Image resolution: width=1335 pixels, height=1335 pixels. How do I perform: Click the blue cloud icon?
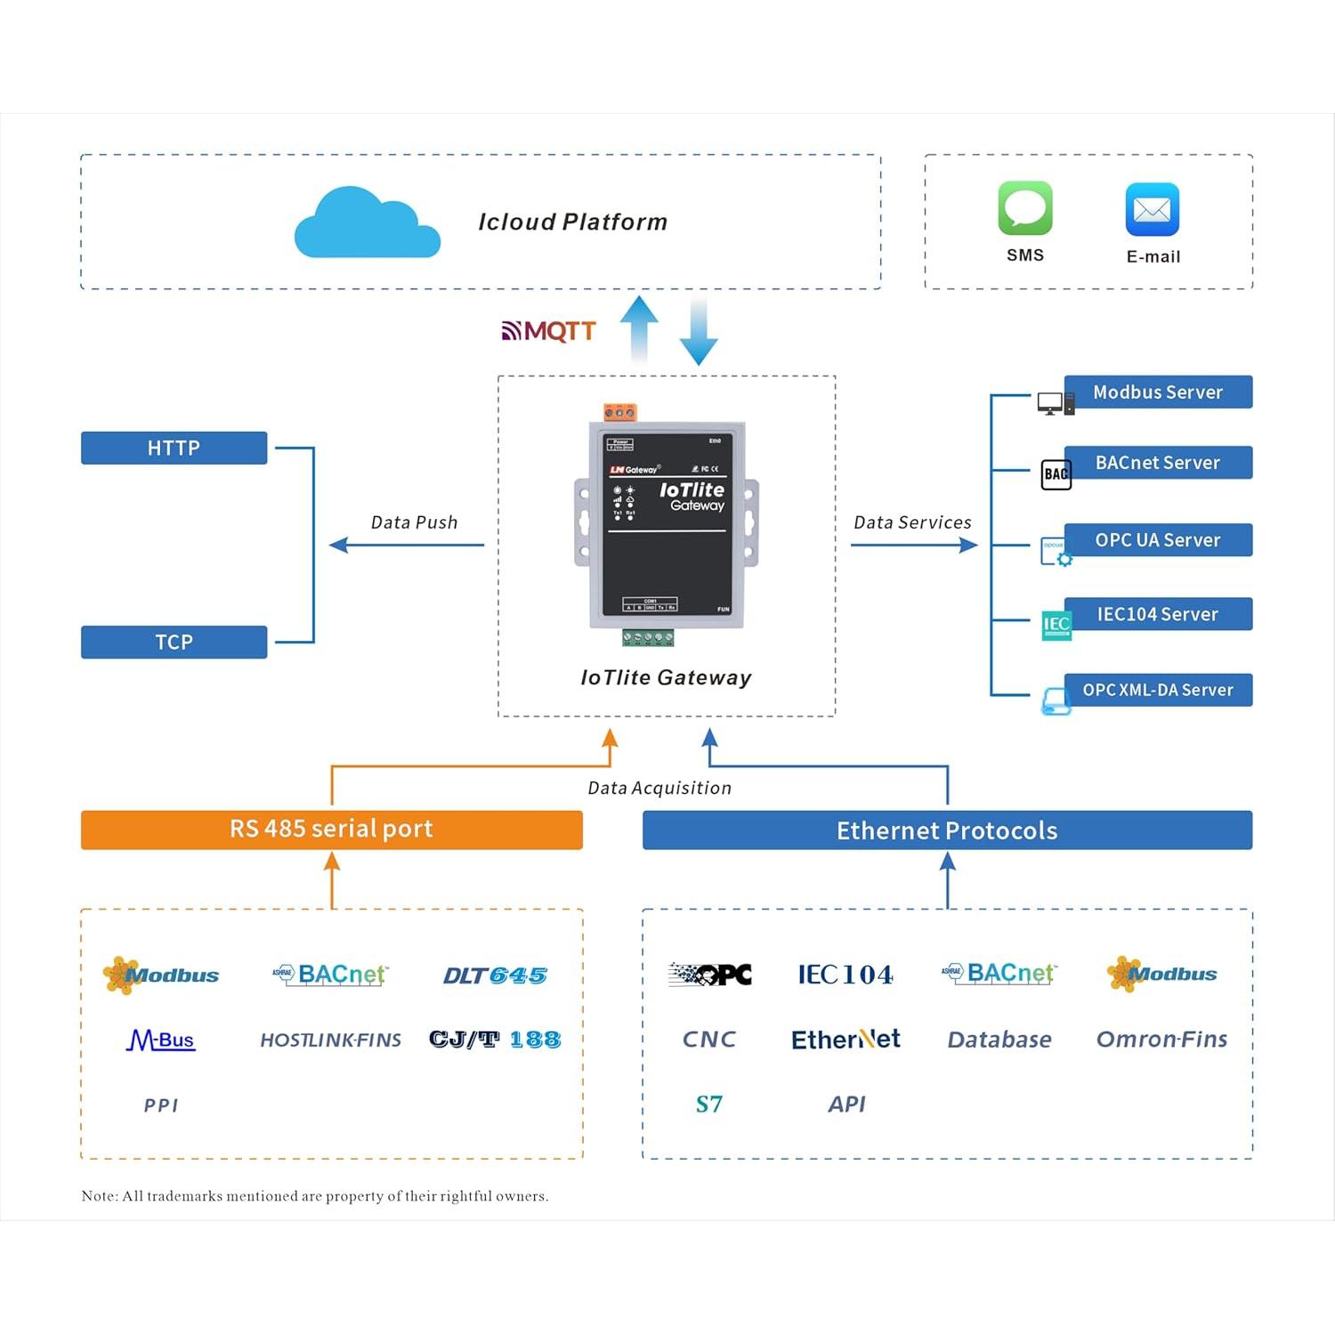(x=367, y=224)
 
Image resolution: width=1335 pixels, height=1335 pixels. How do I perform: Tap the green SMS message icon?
(x=1025, y=208)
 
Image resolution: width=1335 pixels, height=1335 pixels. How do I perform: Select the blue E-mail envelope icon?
(x=1153, y=210)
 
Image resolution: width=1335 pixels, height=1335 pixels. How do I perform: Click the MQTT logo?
(x=548, y=331)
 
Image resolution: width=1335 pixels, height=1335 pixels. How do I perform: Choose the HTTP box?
(x=174, y=448)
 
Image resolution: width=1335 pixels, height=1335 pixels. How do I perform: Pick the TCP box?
(x=174, y=642)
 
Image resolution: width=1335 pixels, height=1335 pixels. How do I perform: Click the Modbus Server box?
(x=1157, y=392)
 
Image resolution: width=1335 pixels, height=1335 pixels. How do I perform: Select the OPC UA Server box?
(x=1157, y=539)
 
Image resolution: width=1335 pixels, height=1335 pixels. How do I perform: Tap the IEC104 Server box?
(x=1157, y=614)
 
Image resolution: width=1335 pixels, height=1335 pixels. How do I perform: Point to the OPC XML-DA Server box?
(x=1157, y=690)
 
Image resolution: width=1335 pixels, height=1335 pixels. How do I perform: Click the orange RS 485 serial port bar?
(x=331, y=829)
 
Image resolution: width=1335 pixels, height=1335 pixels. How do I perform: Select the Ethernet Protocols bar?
(x=947, y=830)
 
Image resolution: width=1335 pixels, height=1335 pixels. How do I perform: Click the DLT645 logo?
(x=495, y=975)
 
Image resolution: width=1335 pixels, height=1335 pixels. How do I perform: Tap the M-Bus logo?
(x=161, y=1040)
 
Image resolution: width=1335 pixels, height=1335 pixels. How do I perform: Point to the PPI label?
(x=161, y=1105)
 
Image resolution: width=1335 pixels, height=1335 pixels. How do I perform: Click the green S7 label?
(x=708, y=1104)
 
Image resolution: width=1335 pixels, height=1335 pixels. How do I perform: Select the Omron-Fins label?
(x=1161, y=1040)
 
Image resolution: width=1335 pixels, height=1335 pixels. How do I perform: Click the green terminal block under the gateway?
(x=648, y=637)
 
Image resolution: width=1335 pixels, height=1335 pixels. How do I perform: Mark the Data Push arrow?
(x=407, y=545)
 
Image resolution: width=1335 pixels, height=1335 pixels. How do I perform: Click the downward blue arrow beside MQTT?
(x=699, y=333)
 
